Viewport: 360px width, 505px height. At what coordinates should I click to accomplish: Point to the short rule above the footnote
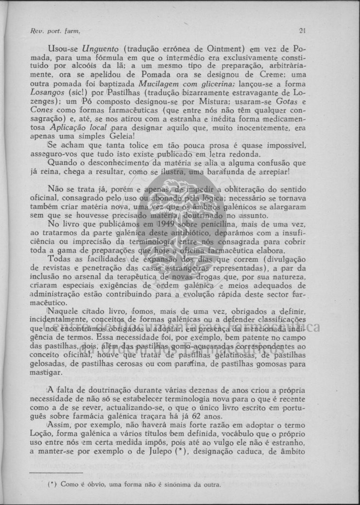(x=56, y=472)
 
